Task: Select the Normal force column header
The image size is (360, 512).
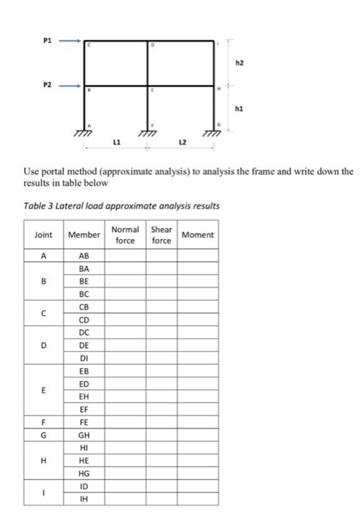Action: coord(125,235)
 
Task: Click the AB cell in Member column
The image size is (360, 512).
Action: coord(83,257)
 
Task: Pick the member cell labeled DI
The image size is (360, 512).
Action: coord(83,358)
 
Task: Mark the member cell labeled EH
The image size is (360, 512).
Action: coord(83,396)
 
